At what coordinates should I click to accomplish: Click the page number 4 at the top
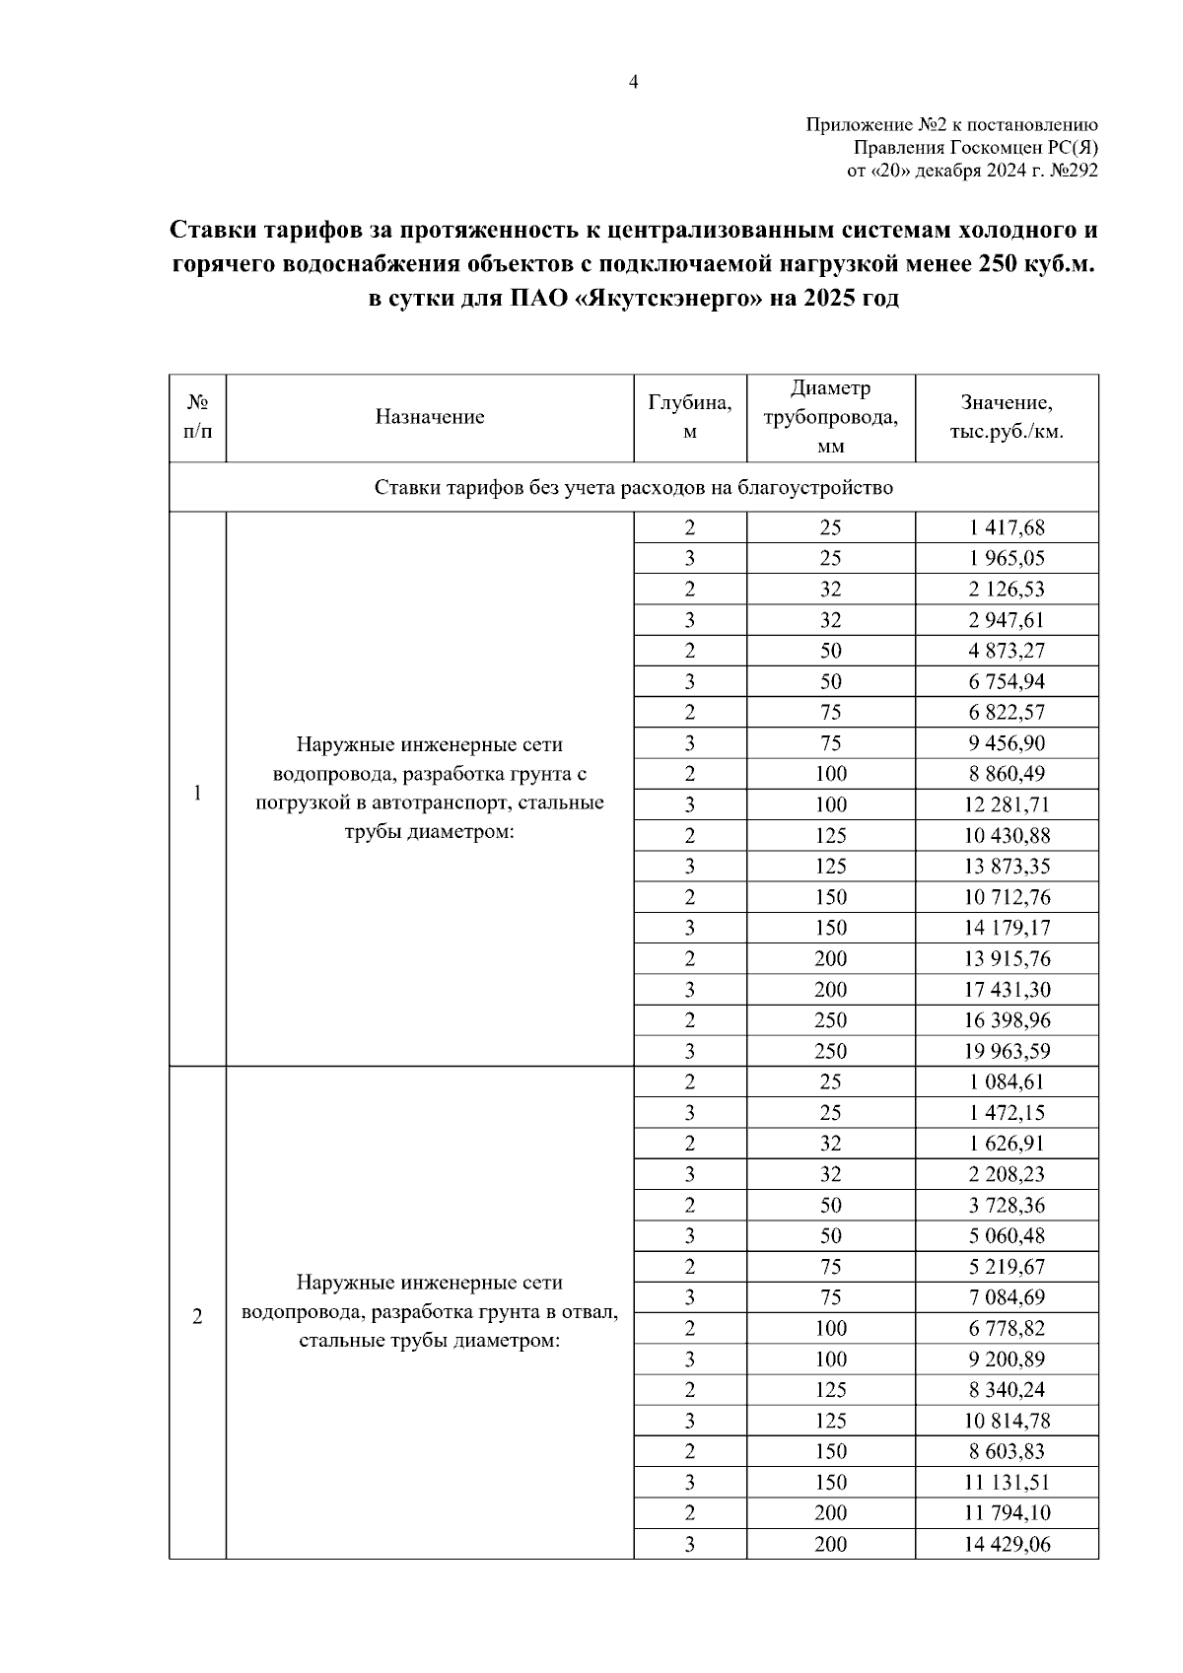[634, 83]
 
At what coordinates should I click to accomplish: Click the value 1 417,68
[1007, 527]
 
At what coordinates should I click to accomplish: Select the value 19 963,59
[1007, 1051]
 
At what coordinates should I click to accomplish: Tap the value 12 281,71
[1007, 804]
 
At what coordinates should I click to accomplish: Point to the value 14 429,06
[1007, 1544]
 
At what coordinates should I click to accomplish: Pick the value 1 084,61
[1007, 1081]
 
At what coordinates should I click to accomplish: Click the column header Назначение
[429, 417]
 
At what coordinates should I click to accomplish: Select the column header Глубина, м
[689, 417]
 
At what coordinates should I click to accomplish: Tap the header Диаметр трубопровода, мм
[830, 417]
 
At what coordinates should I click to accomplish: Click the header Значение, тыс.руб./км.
[1007, 417]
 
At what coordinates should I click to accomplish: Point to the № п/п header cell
[197, 417]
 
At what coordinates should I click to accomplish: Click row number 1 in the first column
[197, 794]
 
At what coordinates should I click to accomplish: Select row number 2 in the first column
[197, 1317]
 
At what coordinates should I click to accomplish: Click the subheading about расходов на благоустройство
[634, 488]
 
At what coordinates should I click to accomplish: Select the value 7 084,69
[1007, 1297]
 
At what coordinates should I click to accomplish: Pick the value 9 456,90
[1007, 743]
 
